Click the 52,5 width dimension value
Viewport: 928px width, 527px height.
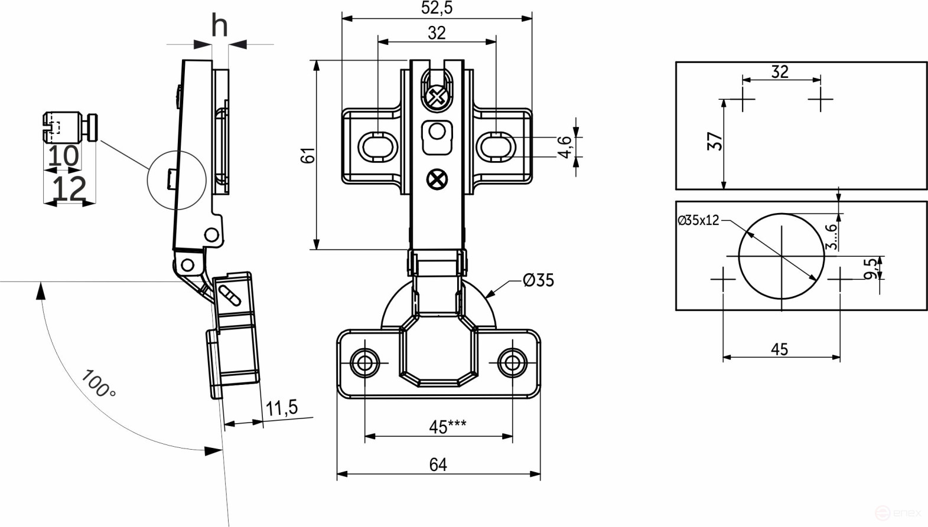pos(437,8)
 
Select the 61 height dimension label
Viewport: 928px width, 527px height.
pos(308,155)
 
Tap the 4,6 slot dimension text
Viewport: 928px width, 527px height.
pos(565,146)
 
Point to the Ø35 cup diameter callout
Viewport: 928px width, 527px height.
pos(538,280)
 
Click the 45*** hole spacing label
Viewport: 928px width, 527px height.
pos(447,426)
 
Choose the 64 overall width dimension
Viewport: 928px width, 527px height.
pos(438,465)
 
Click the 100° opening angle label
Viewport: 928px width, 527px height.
pos(98,384)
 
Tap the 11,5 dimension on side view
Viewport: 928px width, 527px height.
pos(281,408)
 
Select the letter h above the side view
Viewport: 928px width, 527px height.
pos(219,25)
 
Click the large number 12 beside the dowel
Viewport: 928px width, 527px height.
pos(69,189)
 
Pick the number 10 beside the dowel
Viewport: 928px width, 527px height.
pos(63,156)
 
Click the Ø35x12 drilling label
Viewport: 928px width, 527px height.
pos(698,221)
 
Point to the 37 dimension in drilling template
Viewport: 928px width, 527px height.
pos(715,141)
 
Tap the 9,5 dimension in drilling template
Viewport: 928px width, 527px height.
pos(871,269)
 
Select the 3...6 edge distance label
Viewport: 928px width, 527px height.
pos(831,236)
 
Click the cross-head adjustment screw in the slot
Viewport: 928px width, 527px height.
pos(437,97)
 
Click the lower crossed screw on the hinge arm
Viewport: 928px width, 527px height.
pos(437,179)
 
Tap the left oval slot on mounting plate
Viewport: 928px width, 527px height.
pos(377,146)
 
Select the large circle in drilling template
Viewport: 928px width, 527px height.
pos(782,256)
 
